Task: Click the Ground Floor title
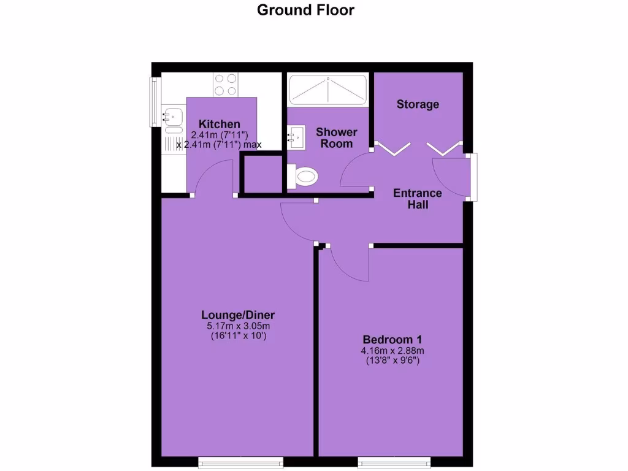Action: pyautogui.click(x=305, y=10)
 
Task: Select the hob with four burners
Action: pyautogui.click(x=225, y=85)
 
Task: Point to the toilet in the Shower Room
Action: pyautogui.click(x=303, y=177)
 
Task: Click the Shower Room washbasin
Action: pyautogui.click(x=296, y=137)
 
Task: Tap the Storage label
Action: pyautogui.click(x=418, y=104)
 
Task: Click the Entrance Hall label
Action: pyautogui.click(x=418, y=199)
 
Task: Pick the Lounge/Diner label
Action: pyautogui.click(x=242, y=315)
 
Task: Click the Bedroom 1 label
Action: pyautogui.click(x=392, y=340)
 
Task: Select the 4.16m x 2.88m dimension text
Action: pyautogui.click(x=392, y=351)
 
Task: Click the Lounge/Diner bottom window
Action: pyautogui.click(x=241, y=461)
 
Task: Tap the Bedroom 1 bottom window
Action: pyautogui.click(x=394, y=461)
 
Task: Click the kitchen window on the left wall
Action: pyautogui.click(x=153, y=101)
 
